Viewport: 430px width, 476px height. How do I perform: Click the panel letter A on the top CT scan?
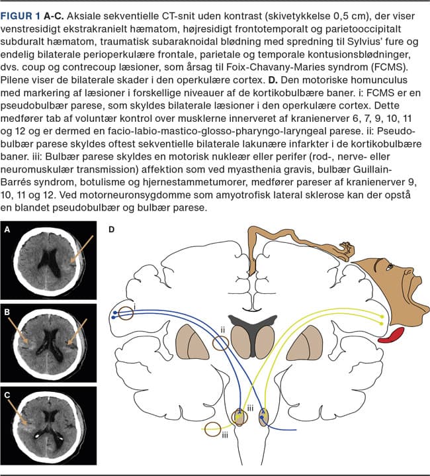pos(7,230)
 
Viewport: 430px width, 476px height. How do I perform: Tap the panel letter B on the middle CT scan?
pos(7,312)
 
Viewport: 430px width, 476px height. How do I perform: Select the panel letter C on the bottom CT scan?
pos(7,395)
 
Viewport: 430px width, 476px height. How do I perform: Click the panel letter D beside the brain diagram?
pos(112,230)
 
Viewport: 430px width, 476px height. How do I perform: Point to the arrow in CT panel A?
pos(82,249)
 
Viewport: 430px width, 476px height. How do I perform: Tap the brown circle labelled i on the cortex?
pos(126,313)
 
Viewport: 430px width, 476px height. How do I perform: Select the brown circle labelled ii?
pos(220,344)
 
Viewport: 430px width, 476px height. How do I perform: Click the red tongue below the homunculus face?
pos(392,335)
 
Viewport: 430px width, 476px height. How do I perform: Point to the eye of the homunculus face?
pos(389,267)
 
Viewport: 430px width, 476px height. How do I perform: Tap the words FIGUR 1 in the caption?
pos(21,16)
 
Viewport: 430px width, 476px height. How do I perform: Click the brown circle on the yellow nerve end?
pos(213,429)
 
